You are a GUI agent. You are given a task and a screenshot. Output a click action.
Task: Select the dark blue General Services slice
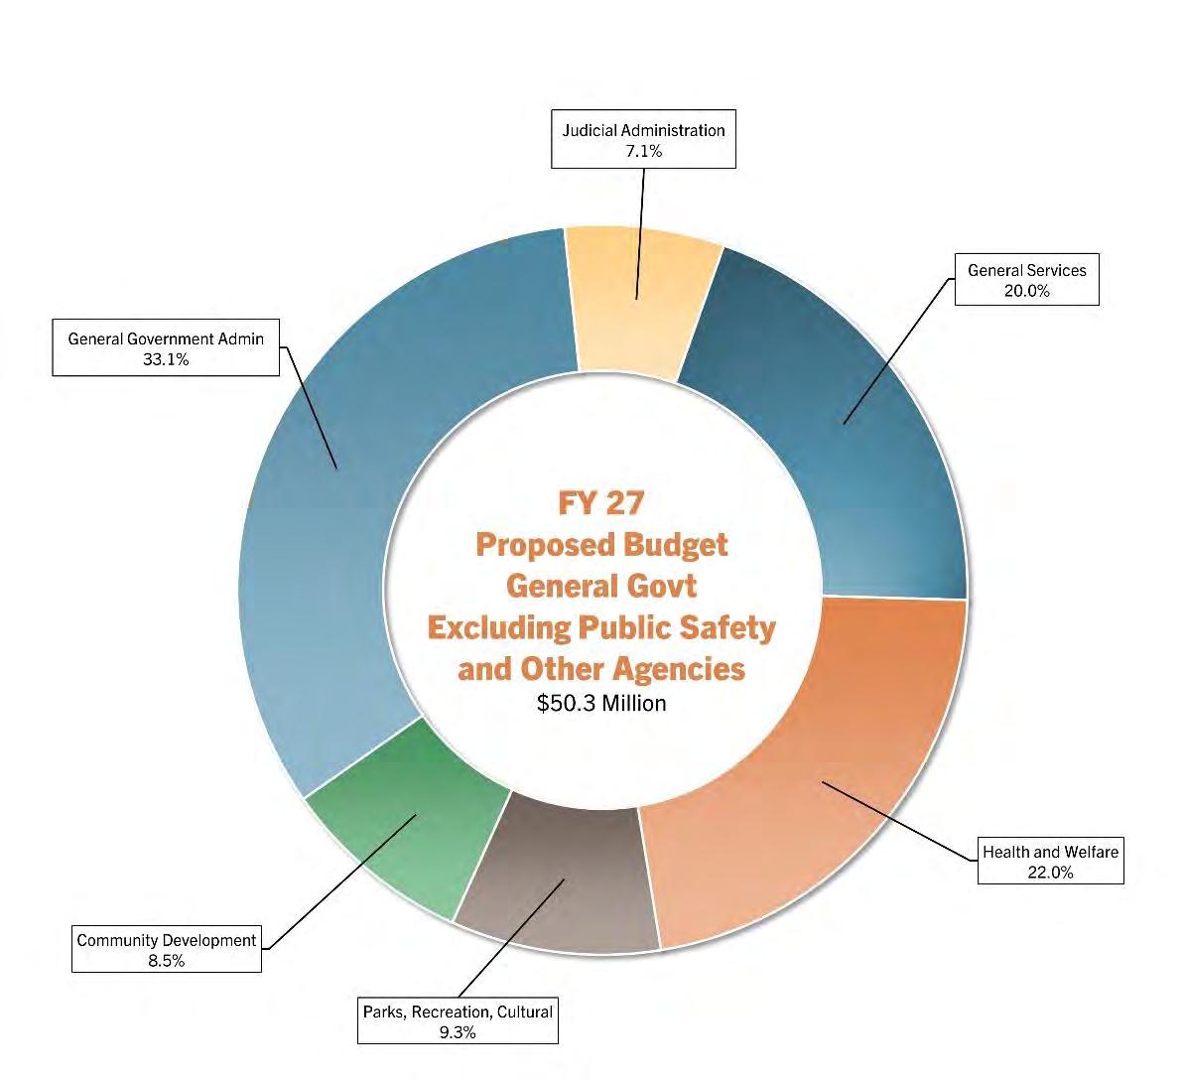(x=834, y=417)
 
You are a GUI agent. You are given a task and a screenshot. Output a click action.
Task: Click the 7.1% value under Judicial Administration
(x=643, y=151)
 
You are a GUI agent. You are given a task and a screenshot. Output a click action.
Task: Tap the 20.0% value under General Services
(x=1026, y=291)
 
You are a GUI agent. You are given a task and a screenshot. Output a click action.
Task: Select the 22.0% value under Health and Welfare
(x=1050, y=873)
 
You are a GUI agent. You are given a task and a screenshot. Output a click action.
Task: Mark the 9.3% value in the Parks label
(x=457, y=1032)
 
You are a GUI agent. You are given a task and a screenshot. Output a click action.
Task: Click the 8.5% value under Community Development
(x=167, y=961)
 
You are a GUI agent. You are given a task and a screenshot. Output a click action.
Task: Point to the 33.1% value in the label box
(x=166, y=359)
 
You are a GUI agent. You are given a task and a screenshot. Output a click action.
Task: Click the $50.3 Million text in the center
(x=601, y=703)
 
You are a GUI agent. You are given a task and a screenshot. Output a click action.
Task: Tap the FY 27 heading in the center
(x=601, y=503)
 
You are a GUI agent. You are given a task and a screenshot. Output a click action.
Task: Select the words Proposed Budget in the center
(x=601, y=545)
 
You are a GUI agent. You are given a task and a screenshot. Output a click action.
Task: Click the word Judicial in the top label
(x=590, y=130)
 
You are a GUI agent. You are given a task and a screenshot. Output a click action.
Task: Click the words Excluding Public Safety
(x=601, y=627)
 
